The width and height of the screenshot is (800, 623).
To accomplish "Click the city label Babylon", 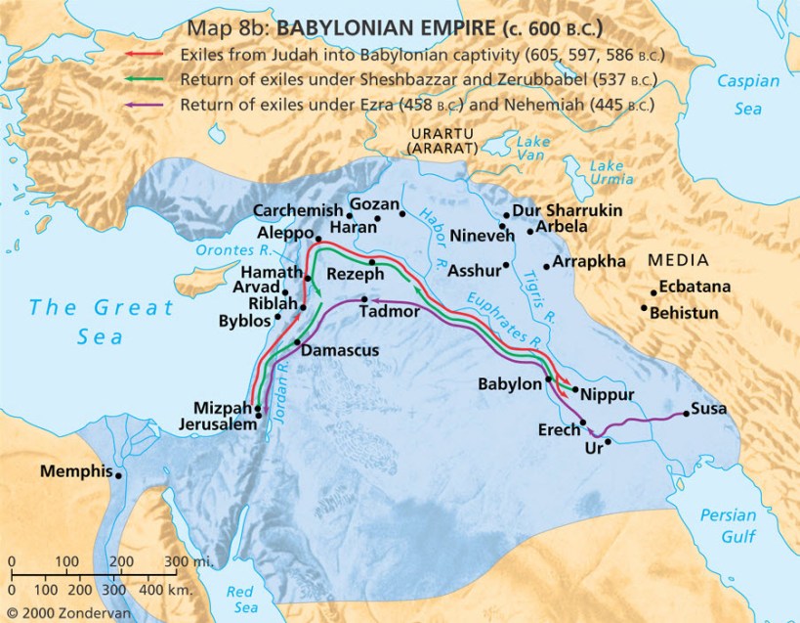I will (x=510, y=384).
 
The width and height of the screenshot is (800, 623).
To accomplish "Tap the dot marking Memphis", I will (x=119, y=475).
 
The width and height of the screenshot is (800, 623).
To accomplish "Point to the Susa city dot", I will (x=686, y=414).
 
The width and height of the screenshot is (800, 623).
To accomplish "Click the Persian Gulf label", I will (x=729, y=528).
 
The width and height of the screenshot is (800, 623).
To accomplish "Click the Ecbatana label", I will (x=695, y=289).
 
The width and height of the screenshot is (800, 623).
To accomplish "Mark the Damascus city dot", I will (x=297, y=342).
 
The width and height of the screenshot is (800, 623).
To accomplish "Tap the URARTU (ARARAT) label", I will (x=442, y=140).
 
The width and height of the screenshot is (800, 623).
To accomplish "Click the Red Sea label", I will (x=240, y=599).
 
